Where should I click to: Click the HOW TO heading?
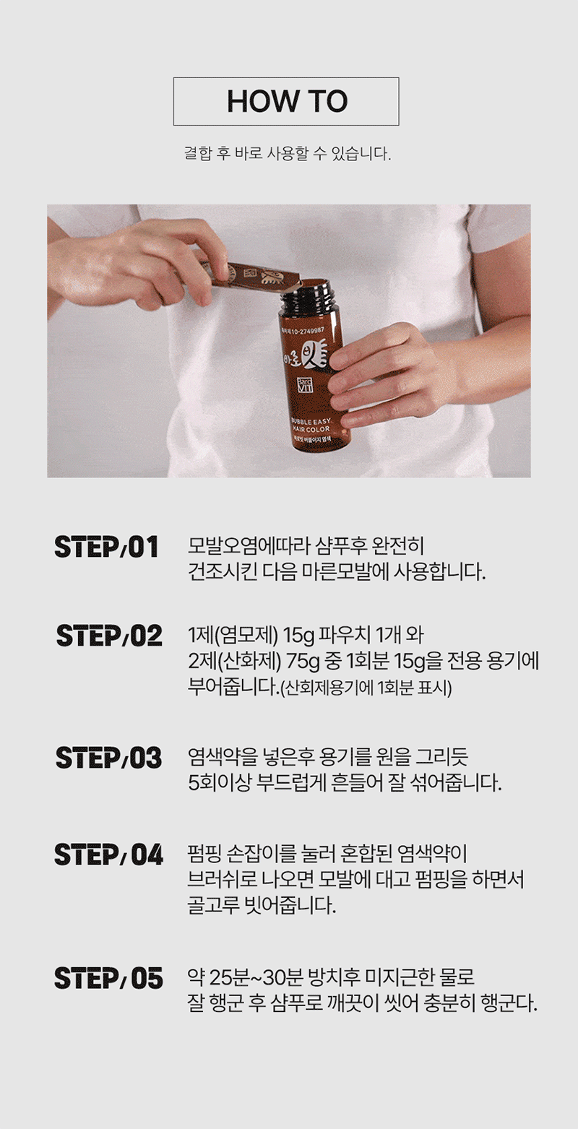pos(287,101)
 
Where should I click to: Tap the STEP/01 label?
pos(106,548)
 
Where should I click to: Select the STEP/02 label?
pos(109,636)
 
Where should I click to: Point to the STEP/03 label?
pos(108,758)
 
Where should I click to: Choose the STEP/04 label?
pos(108,855)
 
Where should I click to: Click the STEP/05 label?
pos(108,978)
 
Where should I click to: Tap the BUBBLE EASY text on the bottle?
pos(310,421)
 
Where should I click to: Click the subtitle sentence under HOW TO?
pos(288,153)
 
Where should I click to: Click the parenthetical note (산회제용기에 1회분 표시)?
pos(366,688)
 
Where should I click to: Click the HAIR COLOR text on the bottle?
pos(310,430)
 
